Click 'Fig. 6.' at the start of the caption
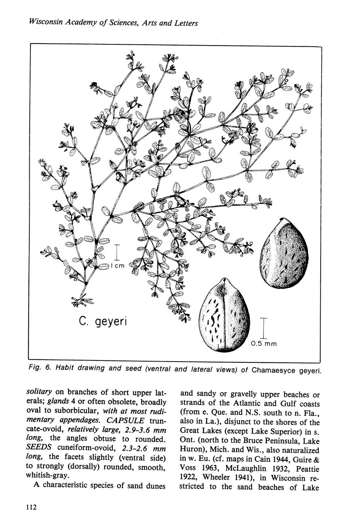point(40,368)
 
